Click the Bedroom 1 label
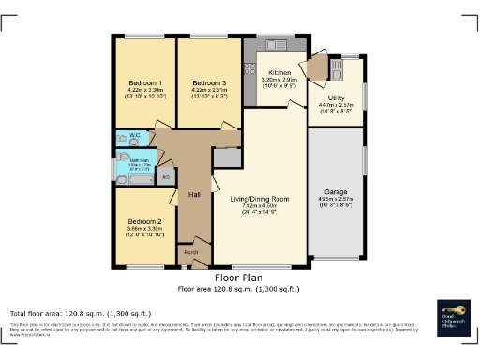[145, 82]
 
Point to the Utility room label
[335, 97]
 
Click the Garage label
[335, 190]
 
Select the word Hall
[195, 194]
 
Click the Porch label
[191, 252]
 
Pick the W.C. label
[135, 136]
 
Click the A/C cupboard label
[166, 175]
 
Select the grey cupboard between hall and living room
[226, 157]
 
